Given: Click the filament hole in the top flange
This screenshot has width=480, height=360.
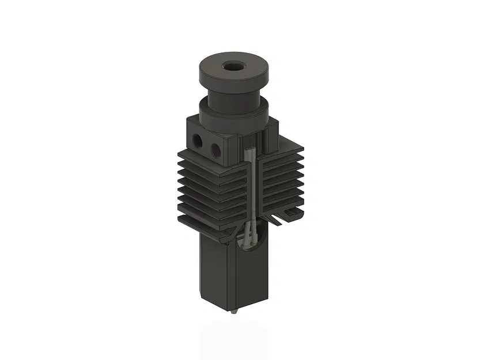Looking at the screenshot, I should (235, 66).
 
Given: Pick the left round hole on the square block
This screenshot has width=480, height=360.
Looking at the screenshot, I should (197, 140).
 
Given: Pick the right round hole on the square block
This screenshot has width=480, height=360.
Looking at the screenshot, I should (216, 150).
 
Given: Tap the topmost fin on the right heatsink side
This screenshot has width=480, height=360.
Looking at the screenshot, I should (282, 151).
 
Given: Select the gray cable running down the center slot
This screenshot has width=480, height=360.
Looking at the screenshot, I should (251, 190).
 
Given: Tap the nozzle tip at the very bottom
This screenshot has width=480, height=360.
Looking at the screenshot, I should (235, 312).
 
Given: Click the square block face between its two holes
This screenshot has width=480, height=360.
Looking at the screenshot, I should (206, 146).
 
